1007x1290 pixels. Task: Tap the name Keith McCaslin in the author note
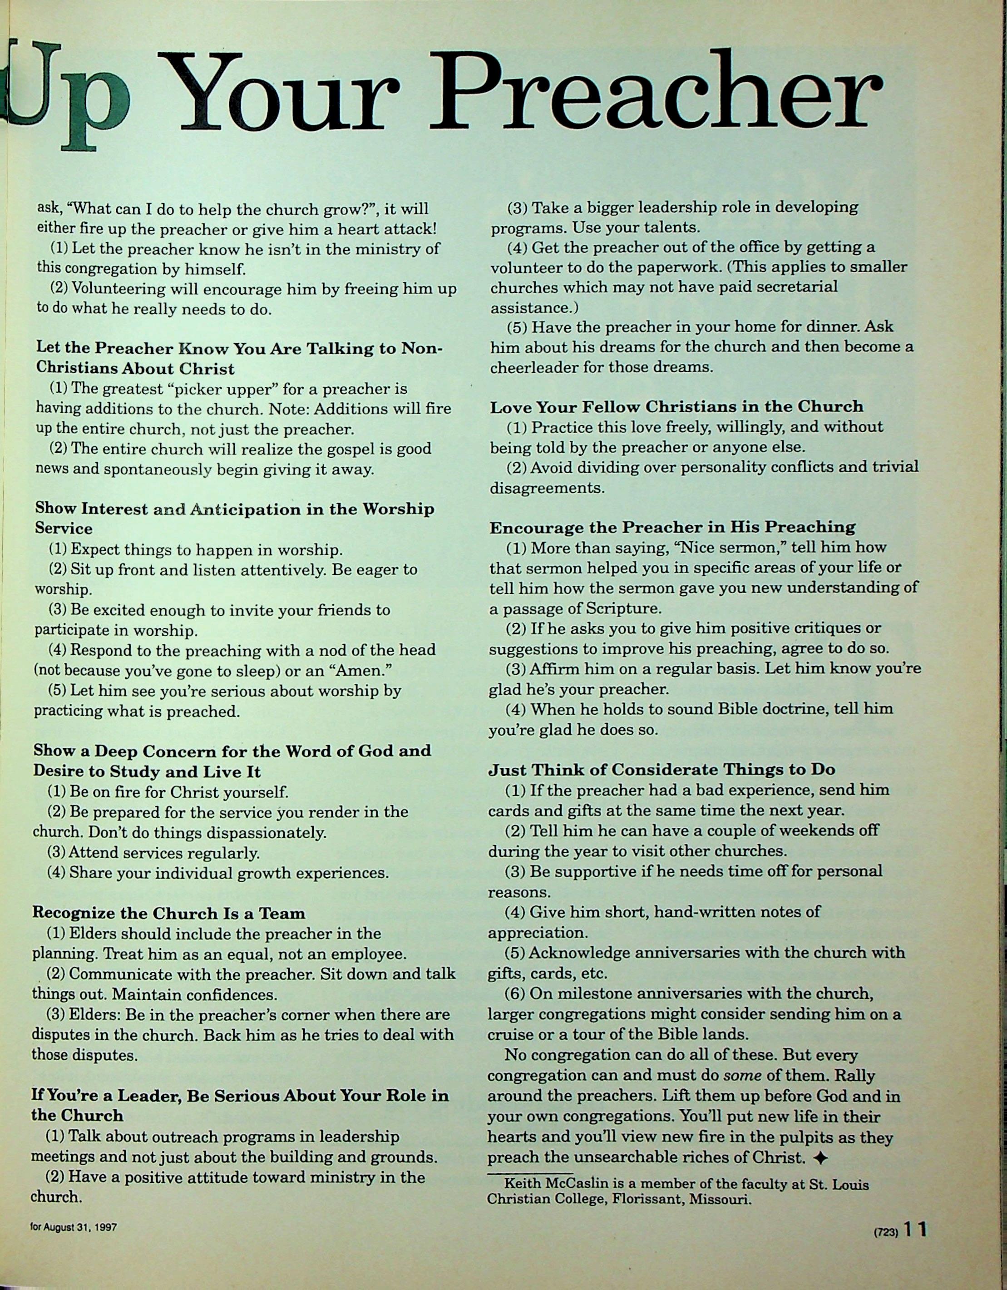552,1185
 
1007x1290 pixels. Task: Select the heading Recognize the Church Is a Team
169,913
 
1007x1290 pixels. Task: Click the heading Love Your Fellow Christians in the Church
676,406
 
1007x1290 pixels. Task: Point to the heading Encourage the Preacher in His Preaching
672,527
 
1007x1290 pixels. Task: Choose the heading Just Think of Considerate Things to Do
661,770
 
